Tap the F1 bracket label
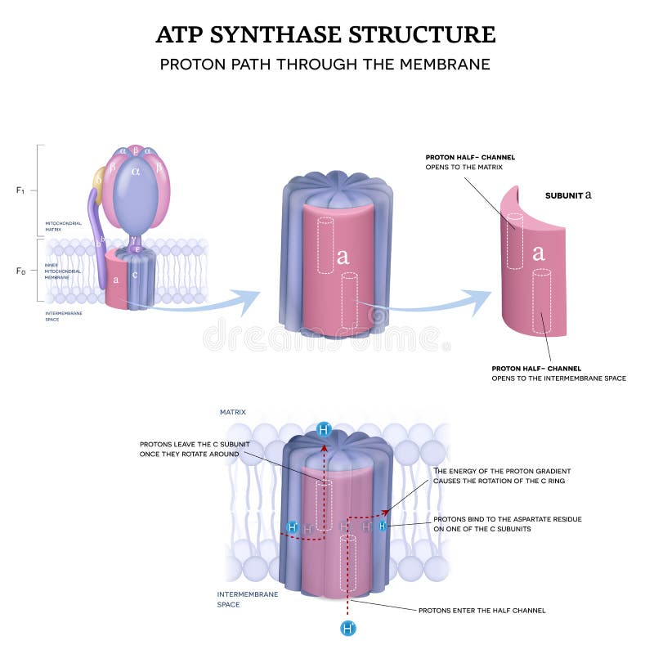click(20, 190)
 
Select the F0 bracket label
click(20, 270)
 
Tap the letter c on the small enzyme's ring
click(135, 275)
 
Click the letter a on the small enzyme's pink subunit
click(116, 279)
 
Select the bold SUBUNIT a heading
click(568, 196)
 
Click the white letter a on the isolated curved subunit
click(539, 253)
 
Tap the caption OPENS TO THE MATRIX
click(464, 167)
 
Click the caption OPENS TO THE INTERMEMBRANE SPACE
click(558, 379)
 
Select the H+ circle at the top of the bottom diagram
click(324, 430)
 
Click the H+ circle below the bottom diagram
click(348, 628)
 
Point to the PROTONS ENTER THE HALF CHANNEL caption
click(482, 610)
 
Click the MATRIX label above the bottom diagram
click(232, 412)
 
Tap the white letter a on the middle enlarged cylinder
click(343, 257)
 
